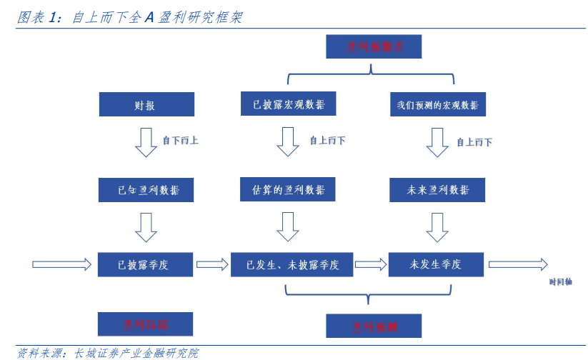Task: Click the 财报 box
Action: pyautogui.click(x=145, y=105)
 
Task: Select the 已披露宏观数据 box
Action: pyautogui.click(x=288, y=104)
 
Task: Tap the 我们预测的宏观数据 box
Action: pyautogui.click(x=437, y=105)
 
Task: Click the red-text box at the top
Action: pyautogui.click(x=374, y=47)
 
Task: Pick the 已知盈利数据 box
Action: pyautogui.click(x=145, y=190)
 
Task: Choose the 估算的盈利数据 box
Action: pyautogui.click(x=288, y=189)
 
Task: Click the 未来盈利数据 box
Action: pyautogui.click(x=437, y=190)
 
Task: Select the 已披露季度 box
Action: pyautogui.click(x=145, y=264)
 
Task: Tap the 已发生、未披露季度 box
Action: pyautogui.click(x=292, y=264)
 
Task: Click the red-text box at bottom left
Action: pyautogui.click(x=145, y=325)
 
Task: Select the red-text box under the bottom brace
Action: pyautogui.click(x=374, y=326)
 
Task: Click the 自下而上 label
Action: pyautogui.click(x=180, y=141)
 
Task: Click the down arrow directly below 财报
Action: pyautogui.click(x=146, y=142)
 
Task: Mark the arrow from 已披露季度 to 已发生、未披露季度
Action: pyautogui.click(x=212, y=264)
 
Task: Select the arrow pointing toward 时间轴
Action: pyautogui.click(x=518, y=264)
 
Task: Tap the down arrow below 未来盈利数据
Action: pyautogui.click(x=437, y=227)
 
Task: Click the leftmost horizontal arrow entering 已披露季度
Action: pyautogui.click(x=62, y=264)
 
